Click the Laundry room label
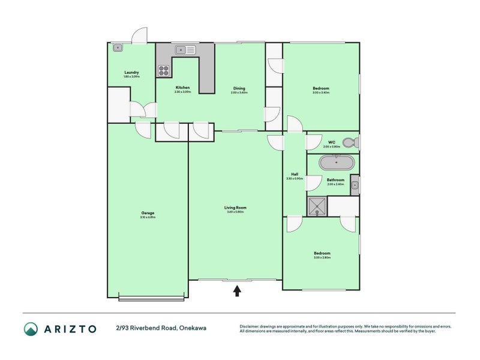tap(131, 73)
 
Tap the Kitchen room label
tap(182, 88)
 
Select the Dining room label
tap(239, 88)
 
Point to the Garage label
tap(148, 213)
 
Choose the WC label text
tap(331, 142)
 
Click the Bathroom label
tap(335, 180)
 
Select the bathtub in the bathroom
tap(336, 163)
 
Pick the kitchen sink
tap(185, 50)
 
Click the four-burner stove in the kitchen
tap(164, 71)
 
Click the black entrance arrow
tap(237, 291)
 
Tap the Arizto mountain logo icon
tap(31, 328)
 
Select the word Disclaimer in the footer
tap(251, 326)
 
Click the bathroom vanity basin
tap(355, 185)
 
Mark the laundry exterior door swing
tap(140, 35)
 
